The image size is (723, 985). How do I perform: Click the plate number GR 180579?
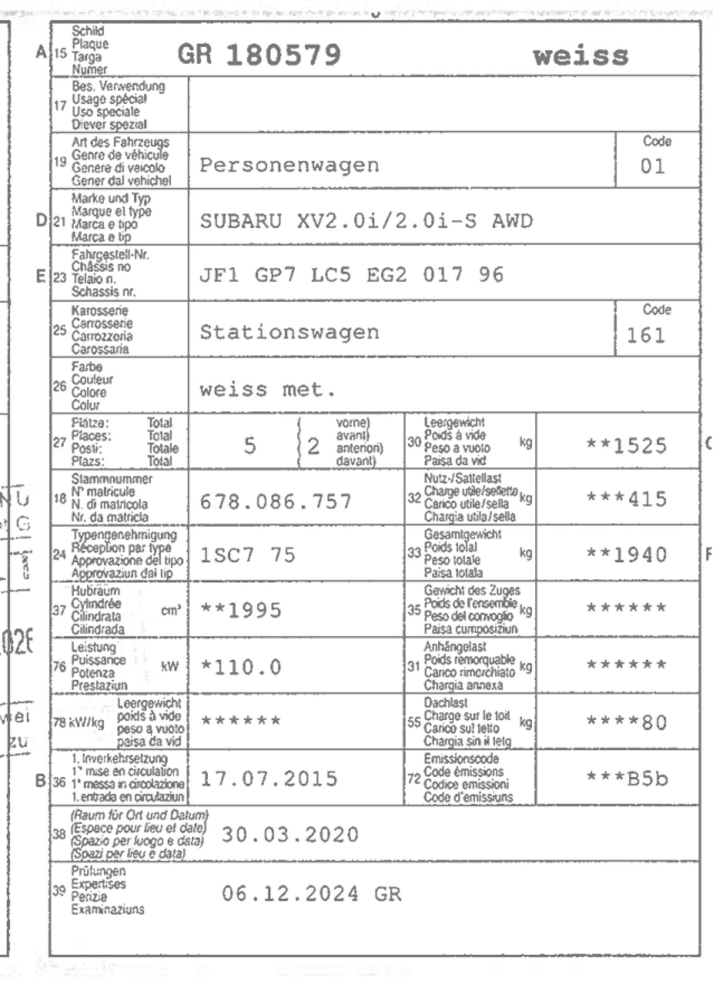tap(259, 54)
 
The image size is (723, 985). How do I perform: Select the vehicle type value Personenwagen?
tap(289, 165)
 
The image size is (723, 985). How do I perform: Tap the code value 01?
tap(652, 166)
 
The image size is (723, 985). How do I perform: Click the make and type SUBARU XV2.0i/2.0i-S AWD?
tap(366, 221)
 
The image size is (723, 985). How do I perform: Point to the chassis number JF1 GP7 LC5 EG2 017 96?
tap(351, 275)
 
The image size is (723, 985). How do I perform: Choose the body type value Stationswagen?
tap(289, 332)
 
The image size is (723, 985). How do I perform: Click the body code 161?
tap(646, 336)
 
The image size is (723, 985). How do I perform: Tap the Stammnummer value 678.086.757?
tap(275, 501)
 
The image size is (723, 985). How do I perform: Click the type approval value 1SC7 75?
tap(247, 555)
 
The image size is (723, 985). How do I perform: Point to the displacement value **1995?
tap(240, 610)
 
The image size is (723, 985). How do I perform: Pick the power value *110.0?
tap(240, 667)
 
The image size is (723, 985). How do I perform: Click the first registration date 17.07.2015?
tap(269, 779)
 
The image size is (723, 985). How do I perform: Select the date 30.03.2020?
tap(290, 835)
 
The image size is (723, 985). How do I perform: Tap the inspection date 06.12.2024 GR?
tap(311, 894)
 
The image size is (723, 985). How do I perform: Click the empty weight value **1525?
tap(626, 446)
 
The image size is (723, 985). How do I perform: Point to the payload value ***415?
tap(626, 499)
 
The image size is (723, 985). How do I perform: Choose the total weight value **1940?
tap(626, 555)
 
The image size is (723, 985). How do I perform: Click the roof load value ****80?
tap(626, 722)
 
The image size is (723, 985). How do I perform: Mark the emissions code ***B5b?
tap(627, 779)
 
